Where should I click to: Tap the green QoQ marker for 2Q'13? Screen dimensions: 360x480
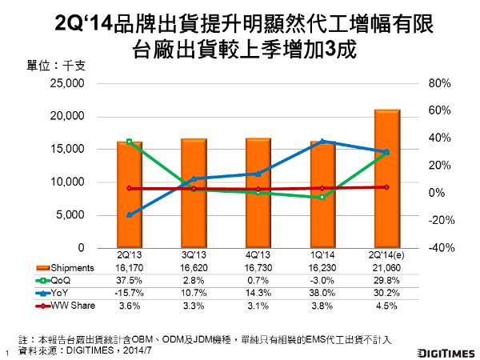(x=129, y=142)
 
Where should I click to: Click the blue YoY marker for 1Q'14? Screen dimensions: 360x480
(x=322, y=141)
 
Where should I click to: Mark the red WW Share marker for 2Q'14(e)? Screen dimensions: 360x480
(x=386, y=186)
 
